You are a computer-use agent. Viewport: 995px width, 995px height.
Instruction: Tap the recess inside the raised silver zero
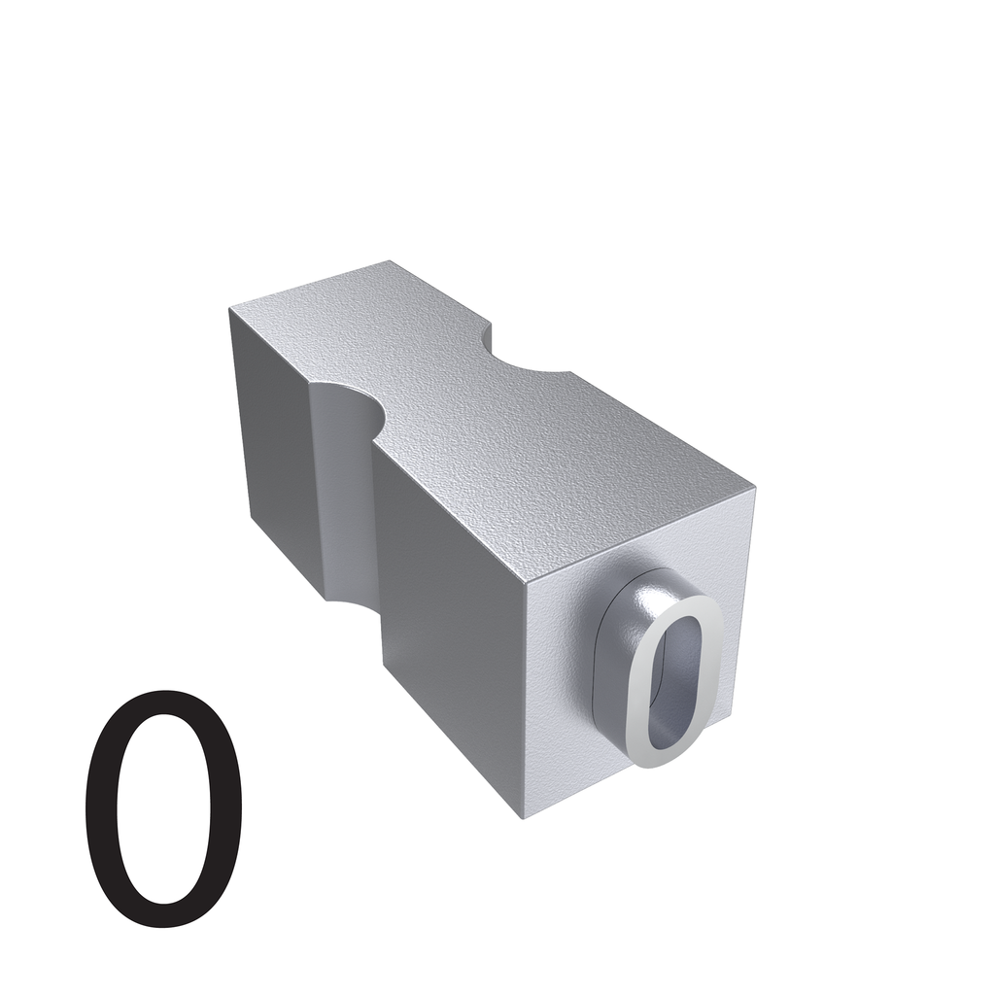674,683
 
